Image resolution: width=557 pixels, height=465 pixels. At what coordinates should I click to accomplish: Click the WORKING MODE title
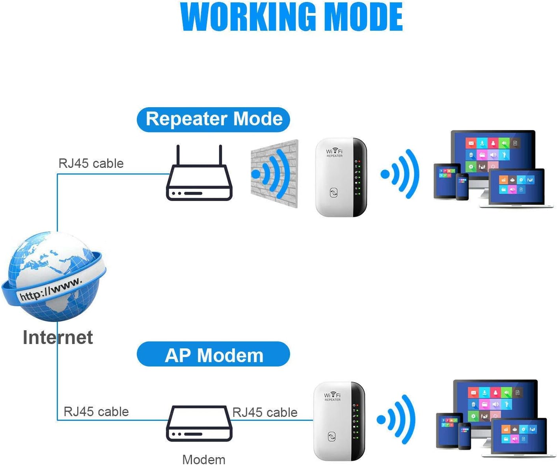point(292,17)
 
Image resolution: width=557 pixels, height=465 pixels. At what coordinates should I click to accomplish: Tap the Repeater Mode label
point(214,119)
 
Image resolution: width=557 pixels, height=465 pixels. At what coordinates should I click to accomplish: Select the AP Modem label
point(214,355)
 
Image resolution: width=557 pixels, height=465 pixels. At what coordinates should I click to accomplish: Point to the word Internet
point(58,337)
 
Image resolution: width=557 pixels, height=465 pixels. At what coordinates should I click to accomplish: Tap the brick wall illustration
point(274,173)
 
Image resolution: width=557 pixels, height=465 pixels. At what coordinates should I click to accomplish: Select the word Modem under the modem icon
point(204,459)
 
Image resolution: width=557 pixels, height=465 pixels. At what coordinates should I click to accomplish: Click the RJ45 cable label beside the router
point(91,163)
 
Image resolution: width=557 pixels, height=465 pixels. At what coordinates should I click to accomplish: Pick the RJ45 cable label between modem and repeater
point(265,412)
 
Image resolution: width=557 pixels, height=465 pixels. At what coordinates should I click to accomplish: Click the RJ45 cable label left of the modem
point(96,411)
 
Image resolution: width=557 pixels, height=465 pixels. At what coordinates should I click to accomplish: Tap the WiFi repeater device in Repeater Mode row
point(341,177)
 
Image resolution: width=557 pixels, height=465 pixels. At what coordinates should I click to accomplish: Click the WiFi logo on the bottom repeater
point(332,395)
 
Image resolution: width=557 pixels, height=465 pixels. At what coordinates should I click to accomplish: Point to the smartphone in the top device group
point(462,187)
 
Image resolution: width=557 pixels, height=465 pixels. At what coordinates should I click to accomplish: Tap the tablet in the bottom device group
point(448,430)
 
